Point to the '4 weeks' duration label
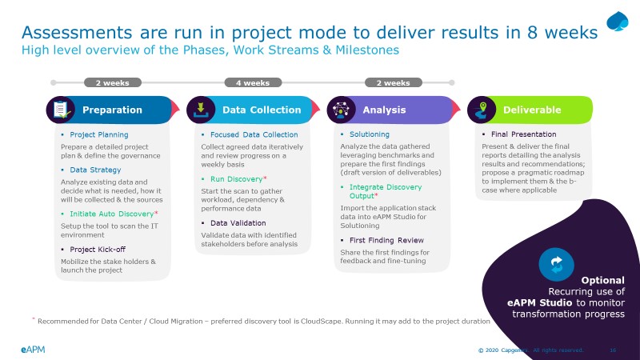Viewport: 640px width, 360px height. click(252, 82)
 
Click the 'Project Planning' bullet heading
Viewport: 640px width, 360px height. click(98, 134)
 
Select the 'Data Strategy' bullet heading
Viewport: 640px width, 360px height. click(95, 170)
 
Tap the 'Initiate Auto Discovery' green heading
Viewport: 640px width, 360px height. click(111, 214)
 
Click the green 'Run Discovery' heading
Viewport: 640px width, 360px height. click(236, 179)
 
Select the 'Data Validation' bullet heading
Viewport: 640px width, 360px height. click(238, 222)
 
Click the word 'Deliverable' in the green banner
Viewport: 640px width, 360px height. click(532, 110)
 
